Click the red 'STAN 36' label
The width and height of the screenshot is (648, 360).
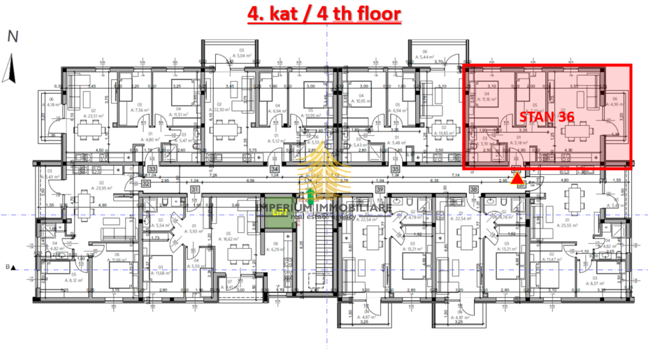545,116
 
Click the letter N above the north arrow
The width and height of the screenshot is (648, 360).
12,37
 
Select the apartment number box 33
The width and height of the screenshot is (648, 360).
152,169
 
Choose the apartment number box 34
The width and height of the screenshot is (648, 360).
273,169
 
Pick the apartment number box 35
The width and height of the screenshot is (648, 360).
395,169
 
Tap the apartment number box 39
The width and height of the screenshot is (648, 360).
380,189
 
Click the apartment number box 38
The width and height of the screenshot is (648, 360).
474,189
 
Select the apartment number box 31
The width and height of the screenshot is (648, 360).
195,189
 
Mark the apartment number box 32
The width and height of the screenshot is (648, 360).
146,183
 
